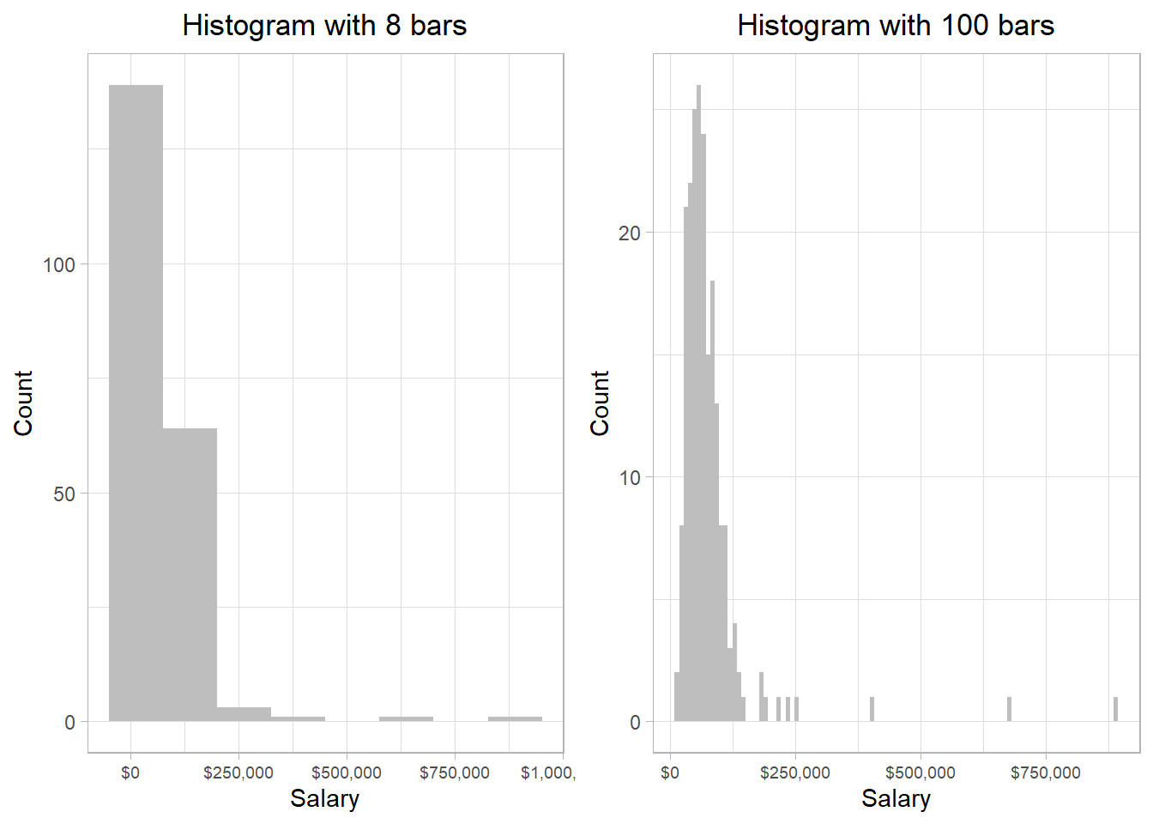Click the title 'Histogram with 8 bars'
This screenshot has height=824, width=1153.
[324, 26]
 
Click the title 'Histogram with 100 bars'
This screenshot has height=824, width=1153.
[895, 26]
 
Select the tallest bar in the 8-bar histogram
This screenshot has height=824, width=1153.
[136, 403]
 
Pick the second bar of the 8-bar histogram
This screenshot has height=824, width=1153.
[190, 575]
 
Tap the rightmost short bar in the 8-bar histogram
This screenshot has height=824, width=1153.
[515, 719]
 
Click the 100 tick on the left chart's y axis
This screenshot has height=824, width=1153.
[59, 264]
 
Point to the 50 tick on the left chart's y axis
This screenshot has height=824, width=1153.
[64, 494]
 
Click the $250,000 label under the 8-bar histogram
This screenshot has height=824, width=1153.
[238, 772]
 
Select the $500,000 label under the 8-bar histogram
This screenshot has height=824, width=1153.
[347, 772]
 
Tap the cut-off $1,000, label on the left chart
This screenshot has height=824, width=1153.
[547, 772]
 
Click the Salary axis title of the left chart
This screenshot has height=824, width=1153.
[324, 798]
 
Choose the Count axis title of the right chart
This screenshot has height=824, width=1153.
[600, 403]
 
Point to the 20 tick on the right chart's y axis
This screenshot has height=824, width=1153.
[630, 233]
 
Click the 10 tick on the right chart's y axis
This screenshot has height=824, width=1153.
[630, 477]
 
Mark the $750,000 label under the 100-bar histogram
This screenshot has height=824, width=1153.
[1045, 772]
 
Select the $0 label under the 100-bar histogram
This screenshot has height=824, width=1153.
[670, 772]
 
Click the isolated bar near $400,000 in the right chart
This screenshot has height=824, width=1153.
[872, 710]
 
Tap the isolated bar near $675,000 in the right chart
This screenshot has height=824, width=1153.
[1009, 710]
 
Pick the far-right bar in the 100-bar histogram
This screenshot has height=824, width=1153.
[1115, 710]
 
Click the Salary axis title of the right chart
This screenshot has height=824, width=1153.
[896, 798]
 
